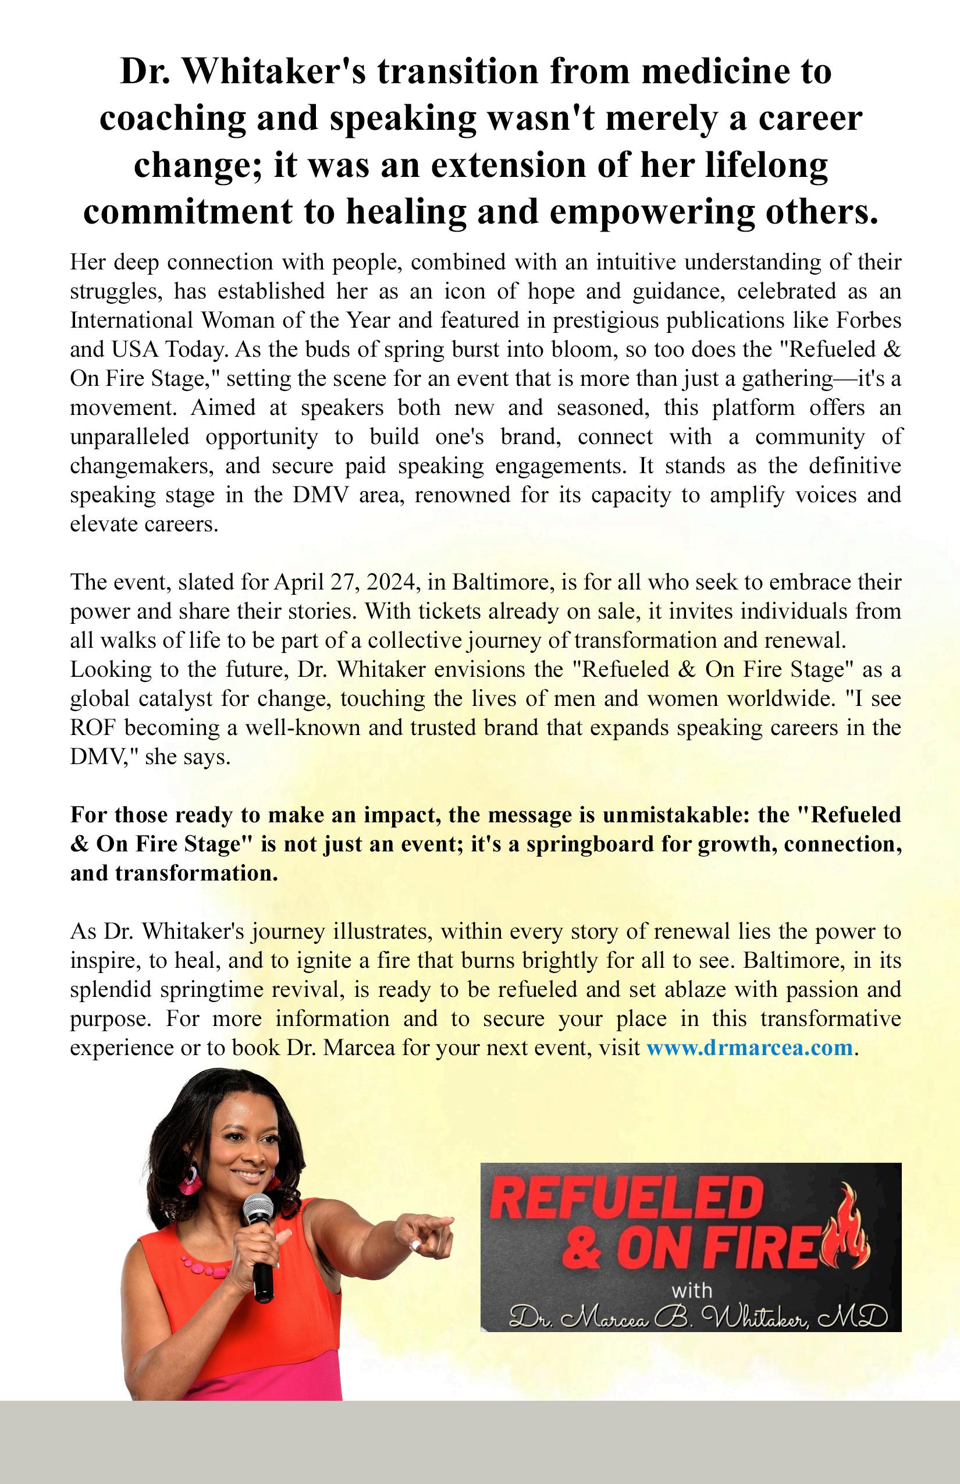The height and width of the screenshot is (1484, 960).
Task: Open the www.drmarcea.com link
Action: [749, 1047]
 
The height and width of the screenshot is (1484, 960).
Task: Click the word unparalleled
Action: [130, 436]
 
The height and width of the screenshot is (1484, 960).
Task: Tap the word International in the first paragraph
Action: [130, 321]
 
